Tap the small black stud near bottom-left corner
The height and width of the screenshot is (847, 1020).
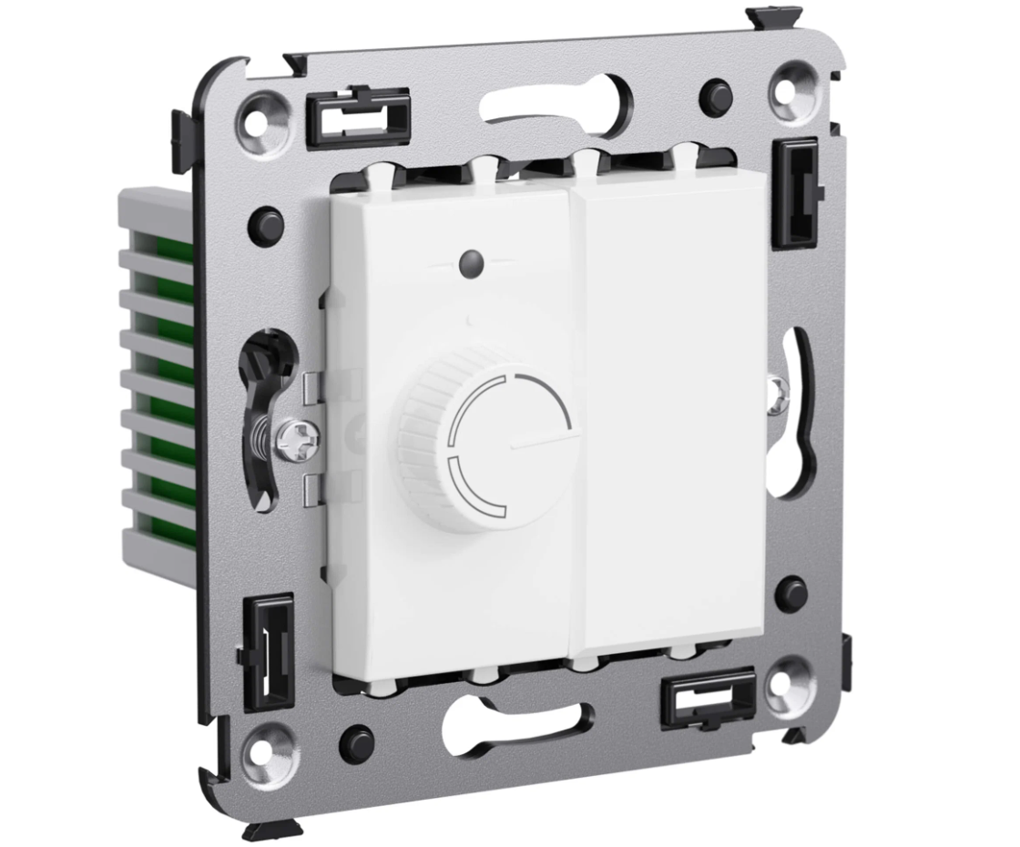click(356, 743)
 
